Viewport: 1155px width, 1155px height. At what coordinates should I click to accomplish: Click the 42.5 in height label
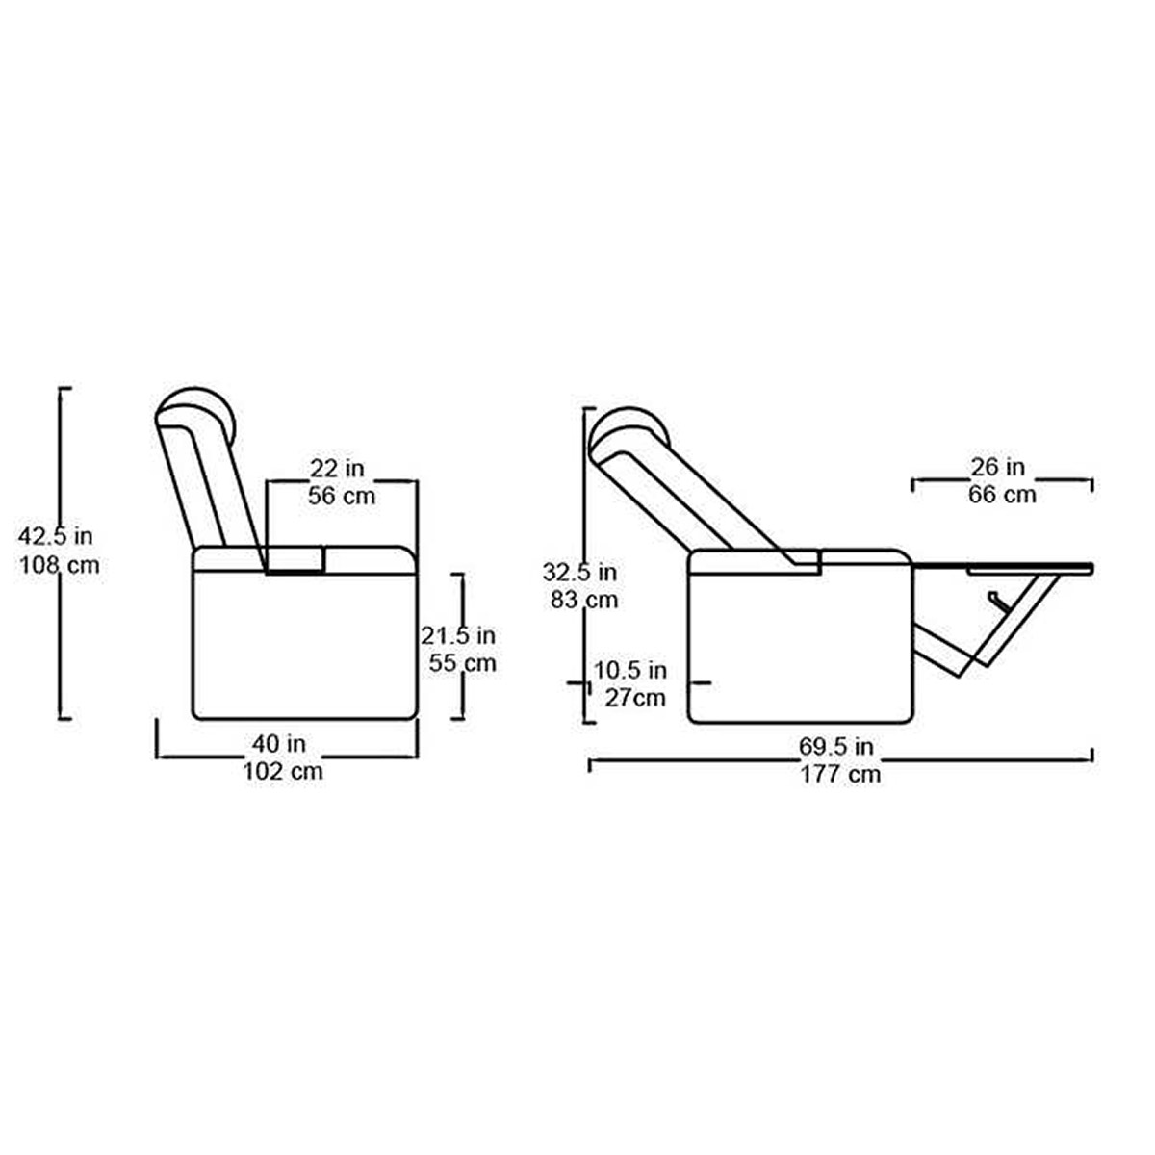55,536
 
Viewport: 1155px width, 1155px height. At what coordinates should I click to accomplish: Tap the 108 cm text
60,565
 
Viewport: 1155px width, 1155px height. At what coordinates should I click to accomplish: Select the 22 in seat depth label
337,468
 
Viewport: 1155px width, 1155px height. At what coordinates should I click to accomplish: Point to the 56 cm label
342,496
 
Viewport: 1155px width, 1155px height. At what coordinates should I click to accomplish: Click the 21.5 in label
457,635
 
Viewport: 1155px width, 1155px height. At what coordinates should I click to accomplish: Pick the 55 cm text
462,663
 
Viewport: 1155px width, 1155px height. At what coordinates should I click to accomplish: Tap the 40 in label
279,744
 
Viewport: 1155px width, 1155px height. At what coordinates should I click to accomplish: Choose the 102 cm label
283,771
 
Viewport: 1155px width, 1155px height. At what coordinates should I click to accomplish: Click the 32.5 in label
579,573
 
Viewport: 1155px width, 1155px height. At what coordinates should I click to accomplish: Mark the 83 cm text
584,600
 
